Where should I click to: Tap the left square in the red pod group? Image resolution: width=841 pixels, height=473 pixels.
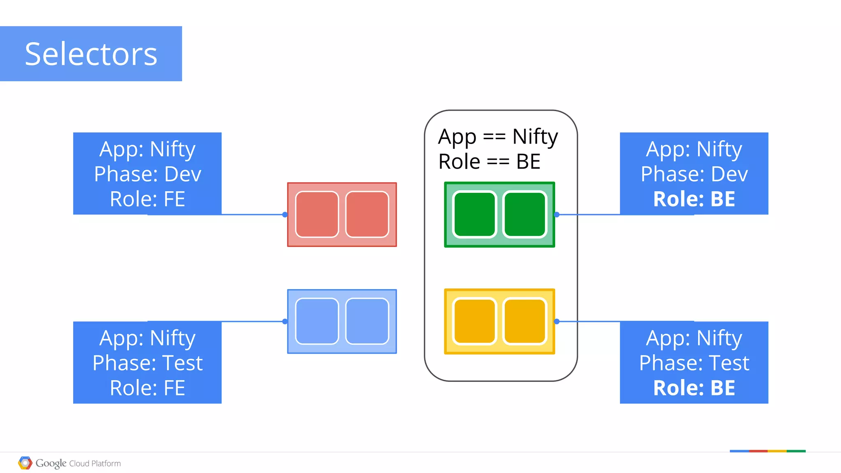pos(317,214)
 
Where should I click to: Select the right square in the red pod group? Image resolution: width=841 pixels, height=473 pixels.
pos(367,214)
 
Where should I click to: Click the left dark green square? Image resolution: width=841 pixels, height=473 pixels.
pos(475,214)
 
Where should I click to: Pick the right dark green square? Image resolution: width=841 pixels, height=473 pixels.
pos(525,214)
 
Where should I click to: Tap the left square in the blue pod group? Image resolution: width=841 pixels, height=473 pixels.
pos(317,321)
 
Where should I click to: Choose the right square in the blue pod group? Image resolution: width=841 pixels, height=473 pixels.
pos(367,321)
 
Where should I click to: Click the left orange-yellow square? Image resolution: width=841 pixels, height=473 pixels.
pos(475,321)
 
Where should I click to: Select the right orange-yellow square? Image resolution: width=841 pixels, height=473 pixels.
pos(525,321)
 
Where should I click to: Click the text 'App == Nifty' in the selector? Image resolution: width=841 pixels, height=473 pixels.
pos(498,137)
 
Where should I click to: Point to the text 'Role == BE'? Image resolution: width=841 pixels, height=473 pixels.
pos(489,162)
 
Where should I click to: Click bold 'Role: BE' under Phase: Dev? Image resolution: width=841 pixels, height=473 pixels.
pos(694,199)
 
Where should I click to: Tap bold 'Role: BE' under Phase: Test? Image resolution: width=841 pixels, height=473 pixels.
pos(694,388)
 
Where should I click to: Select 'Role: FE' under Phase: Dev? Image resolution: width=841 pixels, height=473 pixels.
pos(147,199)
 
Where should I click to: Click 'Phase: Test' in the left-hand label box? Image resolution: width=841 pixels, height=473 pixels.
pos(147,363)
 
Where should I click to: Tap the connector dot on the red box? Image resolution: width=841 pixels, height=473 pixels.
pos(285,215)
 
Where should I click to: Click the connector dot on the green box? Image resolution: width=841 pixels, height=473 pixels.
pos(557,215)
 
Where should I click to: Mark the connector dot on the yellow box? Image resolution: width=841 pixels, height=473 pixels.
pos(557,322)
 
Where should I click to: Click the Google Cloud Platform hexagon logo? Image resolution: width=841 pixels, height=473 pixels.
pos(25,463)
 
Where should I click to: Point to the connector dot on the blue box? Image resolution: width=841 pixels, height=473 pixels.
pos(285,322)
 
